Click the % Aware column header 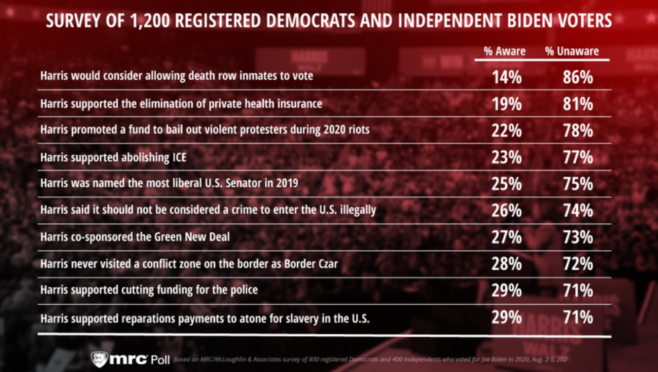coord(505,51)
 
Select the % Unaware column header coord(572,51)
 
